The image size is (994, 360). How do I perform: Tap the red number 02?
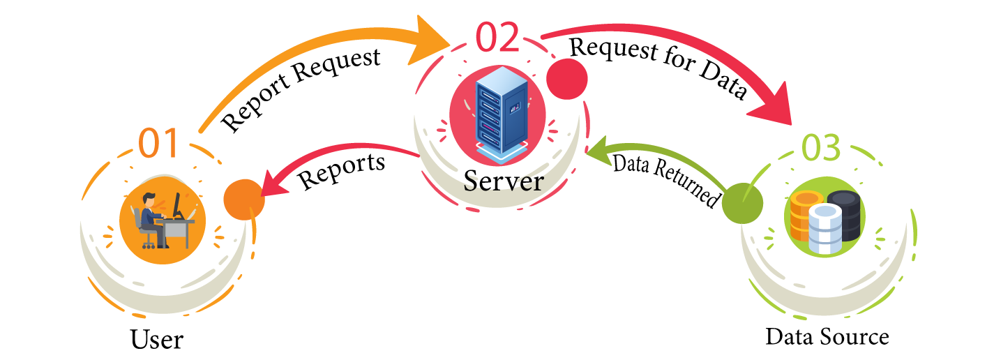(x=498, y=38)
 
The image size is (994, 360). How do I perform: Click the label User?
(x=157, y=340)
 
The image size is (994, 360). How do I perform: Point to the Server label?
(x=503, y=181)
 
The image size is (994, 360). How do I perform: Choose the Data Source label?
(x=827, y=337)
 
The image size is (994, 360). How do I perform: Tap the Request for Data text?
(x=659, y=68)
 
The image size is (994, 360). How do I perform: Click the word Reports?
(x=342, y=171)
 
